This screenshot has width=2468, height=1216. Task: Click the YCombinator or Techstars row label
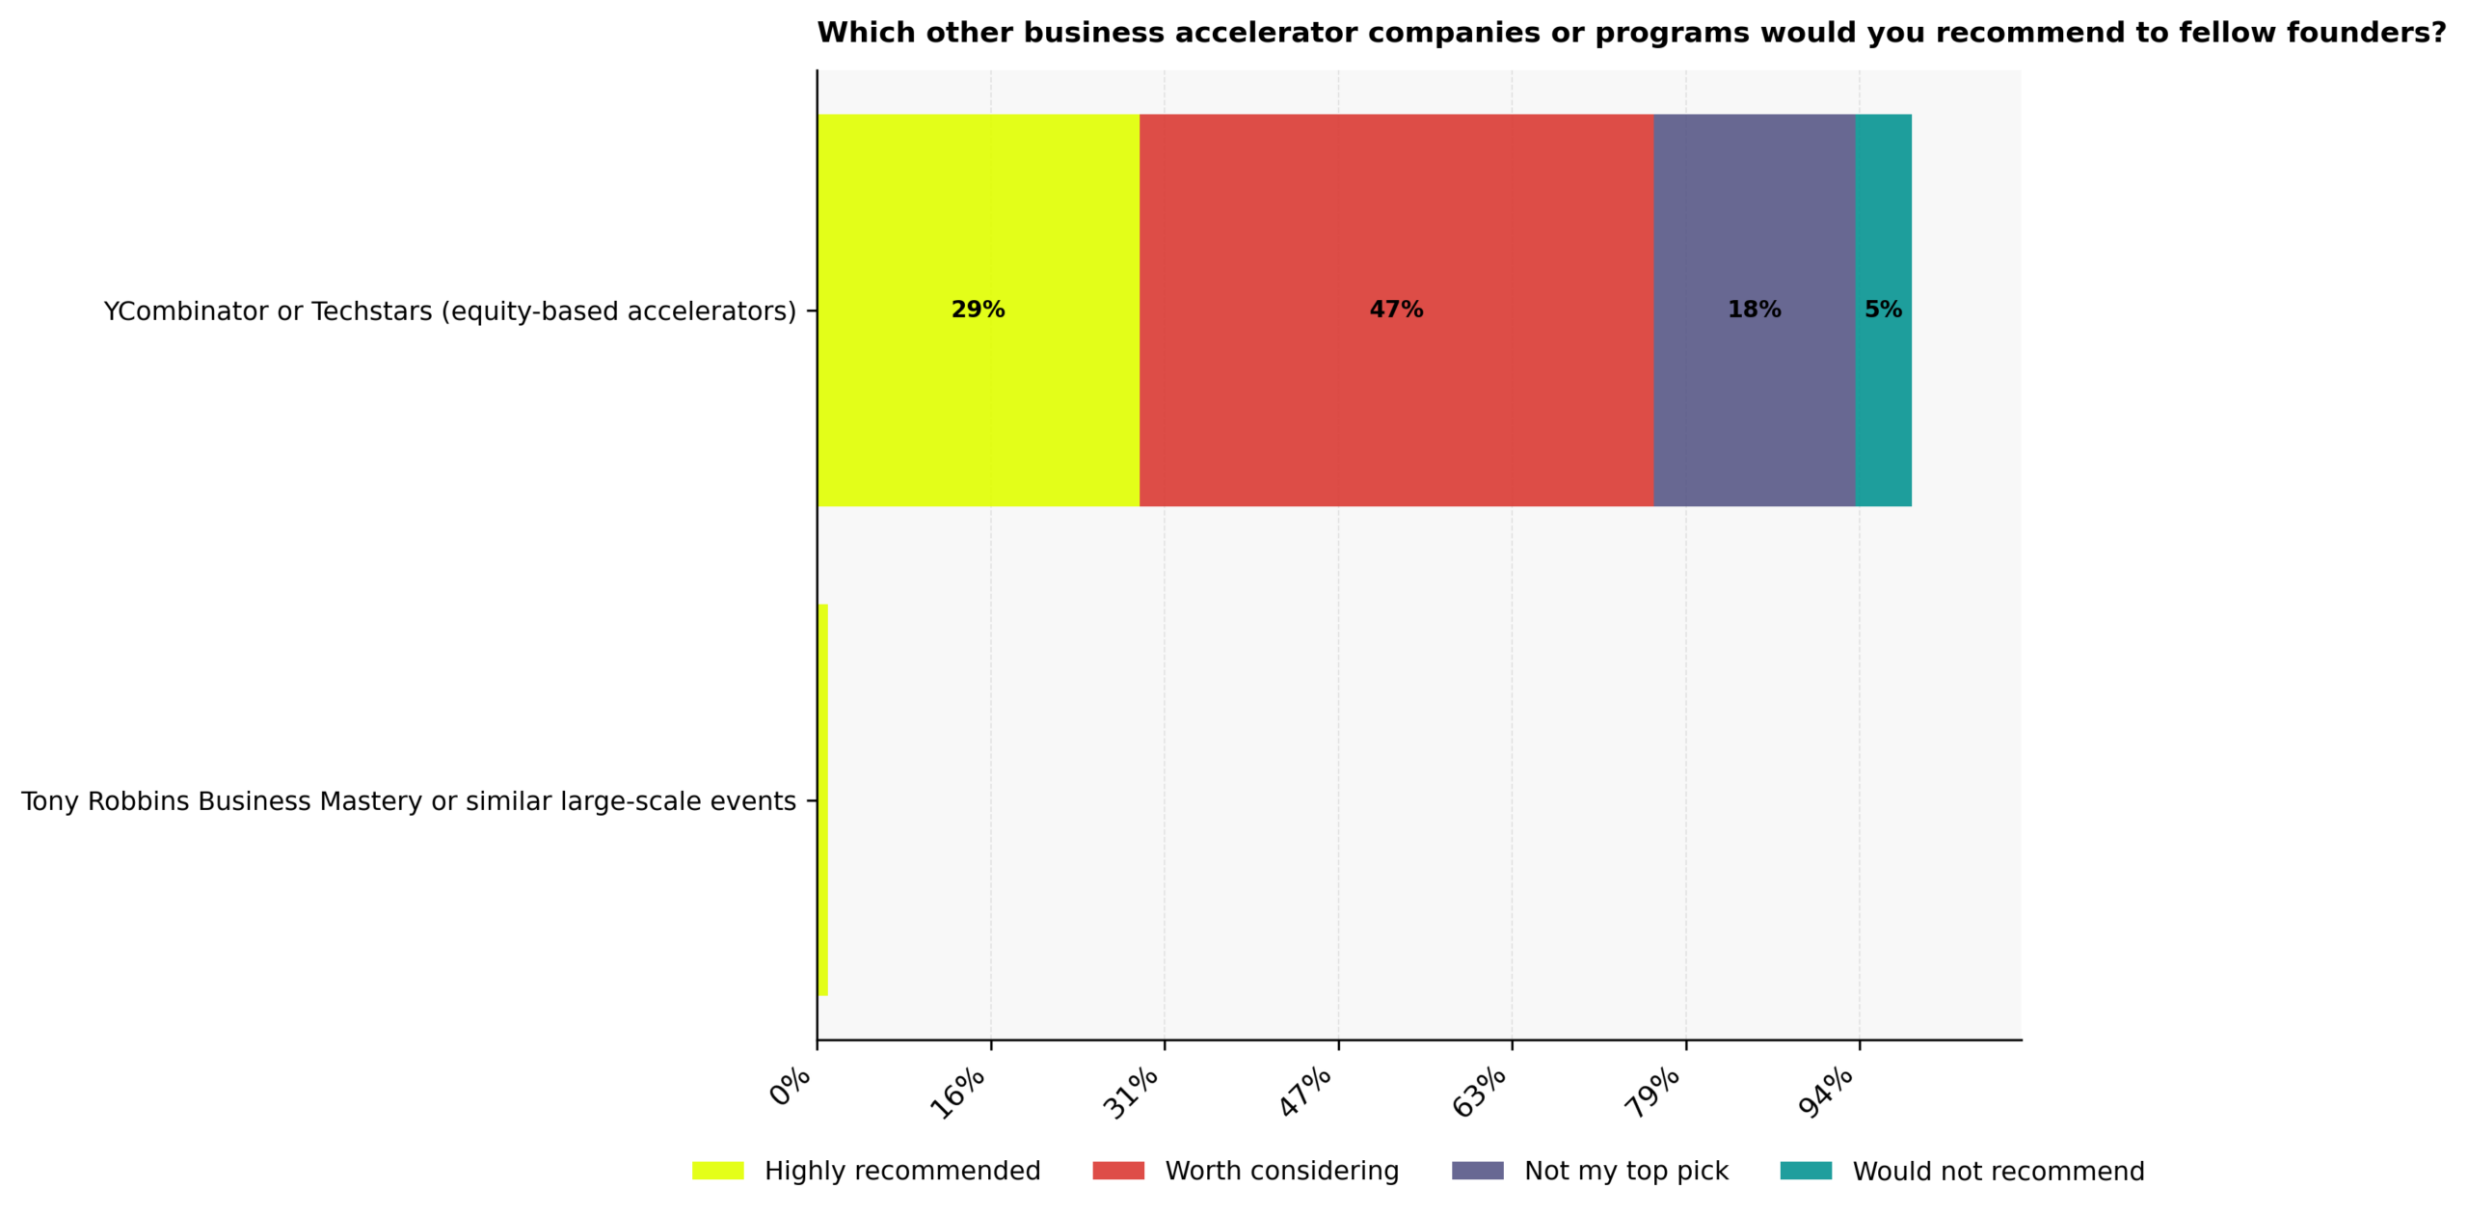(449, 311)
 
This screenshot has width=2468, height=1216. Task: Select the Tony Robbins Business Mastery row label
(408, 800)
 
